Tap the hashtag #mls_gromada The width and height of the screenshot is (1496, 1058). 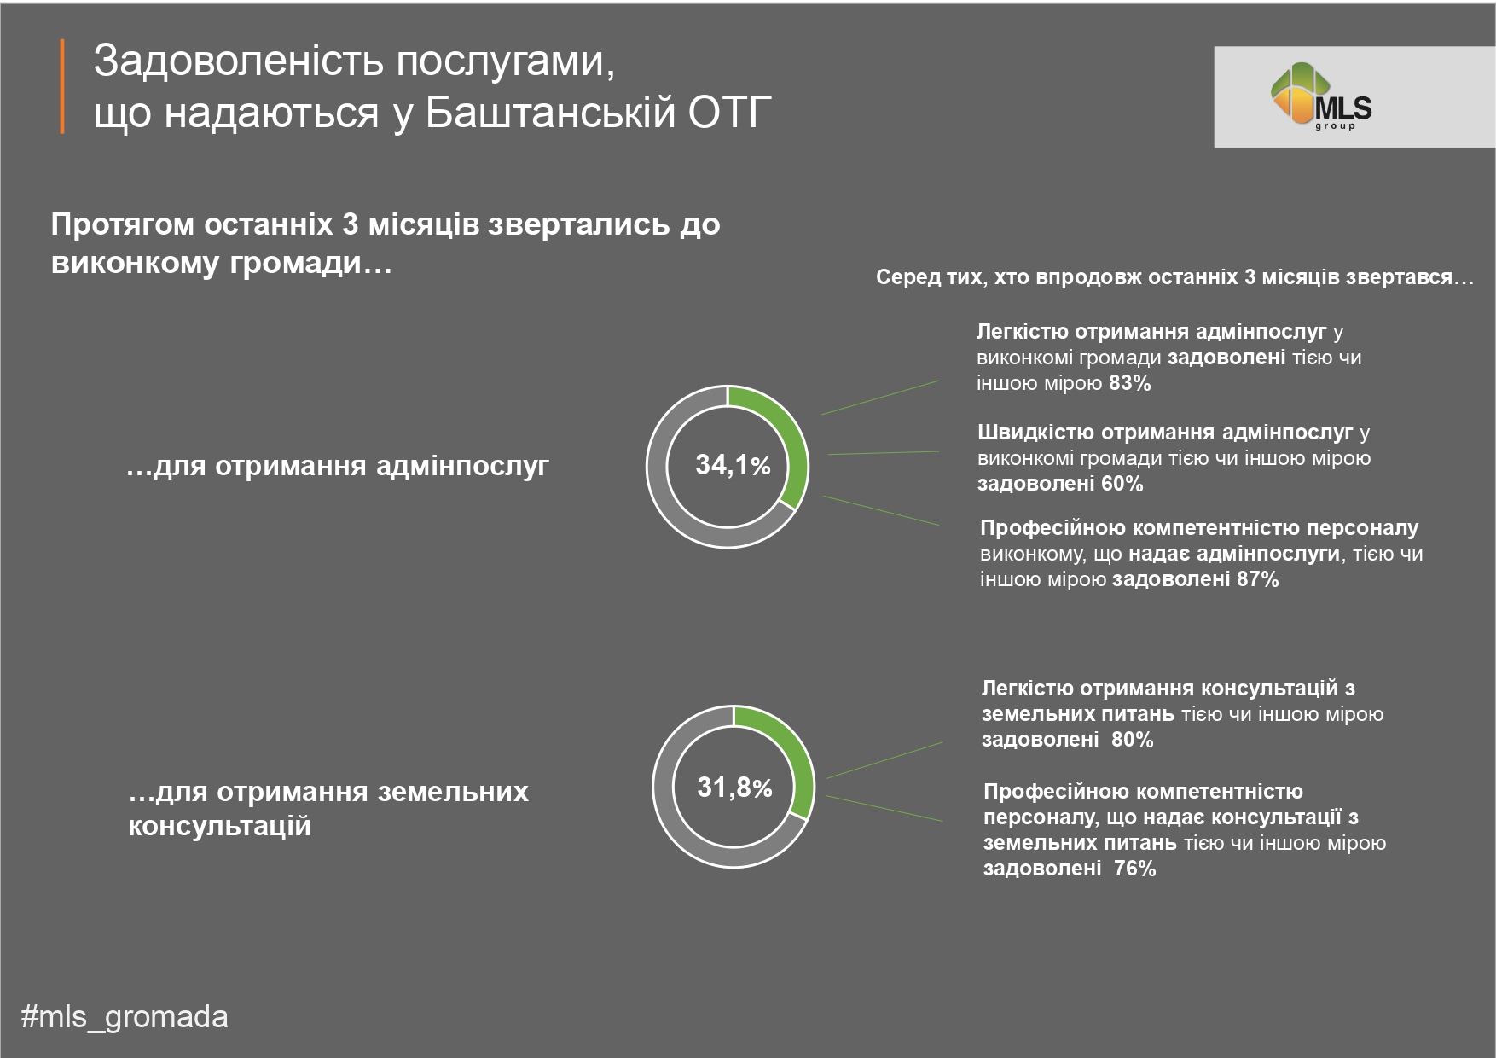tap(125, 1017)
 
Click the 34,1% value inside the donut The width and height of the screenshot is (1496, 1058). tap(733, 465)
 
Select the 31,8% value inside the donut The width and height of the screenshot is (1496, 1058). tap(734, 787)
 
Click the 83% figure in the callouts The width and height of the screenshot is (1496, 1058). tap(1130, 383)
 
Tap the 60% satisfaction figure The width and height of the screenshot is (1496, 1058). tap(1122, 484)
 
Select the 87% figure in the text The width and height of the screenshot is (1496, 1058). tap(1257, 579)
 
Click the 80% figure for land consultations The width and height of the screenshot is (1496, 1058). tap(1132, 740)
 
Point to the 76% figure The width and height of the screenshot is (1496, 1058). tap(1134, 869)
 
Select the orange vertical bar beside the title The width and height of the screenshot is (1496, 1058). tap(62, 86)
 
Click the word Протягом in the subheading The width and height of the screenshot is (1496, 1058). tap(124, 225)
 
